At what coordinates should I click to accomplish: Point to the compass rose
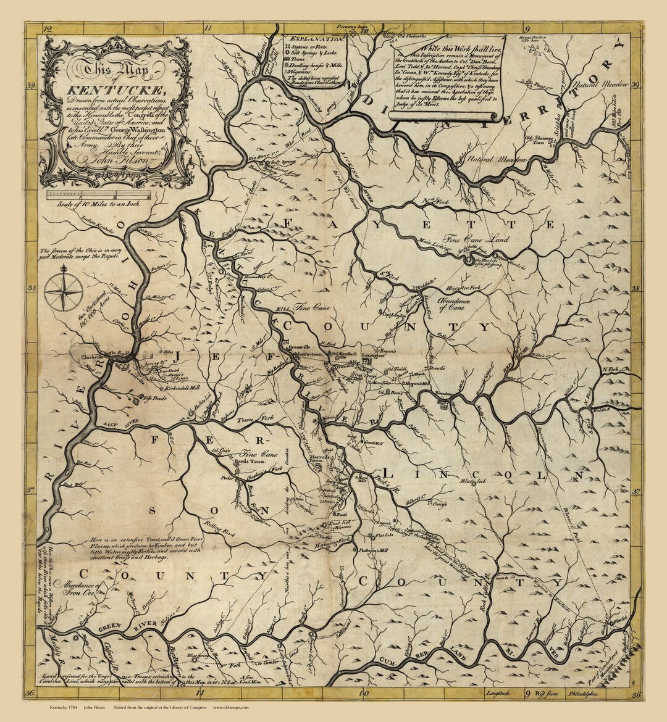64,291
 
